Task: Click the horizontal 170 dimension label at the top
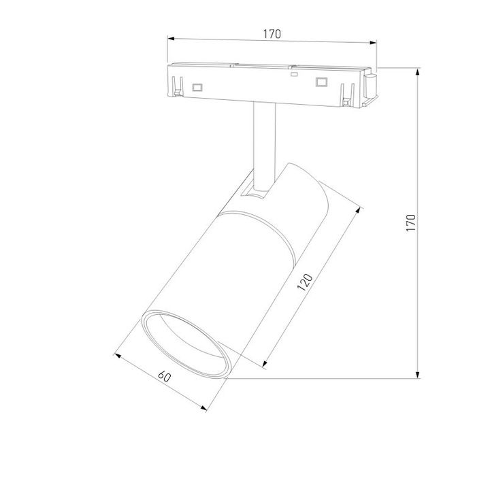pyautogui.click(x=272, y=33)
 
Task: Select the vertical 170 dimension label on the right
pyautogui.click(x=410, y=222)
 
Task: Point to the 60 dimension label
pyautogui.click(x=164, y=376)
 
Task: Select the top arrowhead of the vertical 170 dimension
pyautogui.click(x=419, y=71)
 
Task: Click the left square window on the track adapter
pyautogui.click(x=198, y=86)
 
